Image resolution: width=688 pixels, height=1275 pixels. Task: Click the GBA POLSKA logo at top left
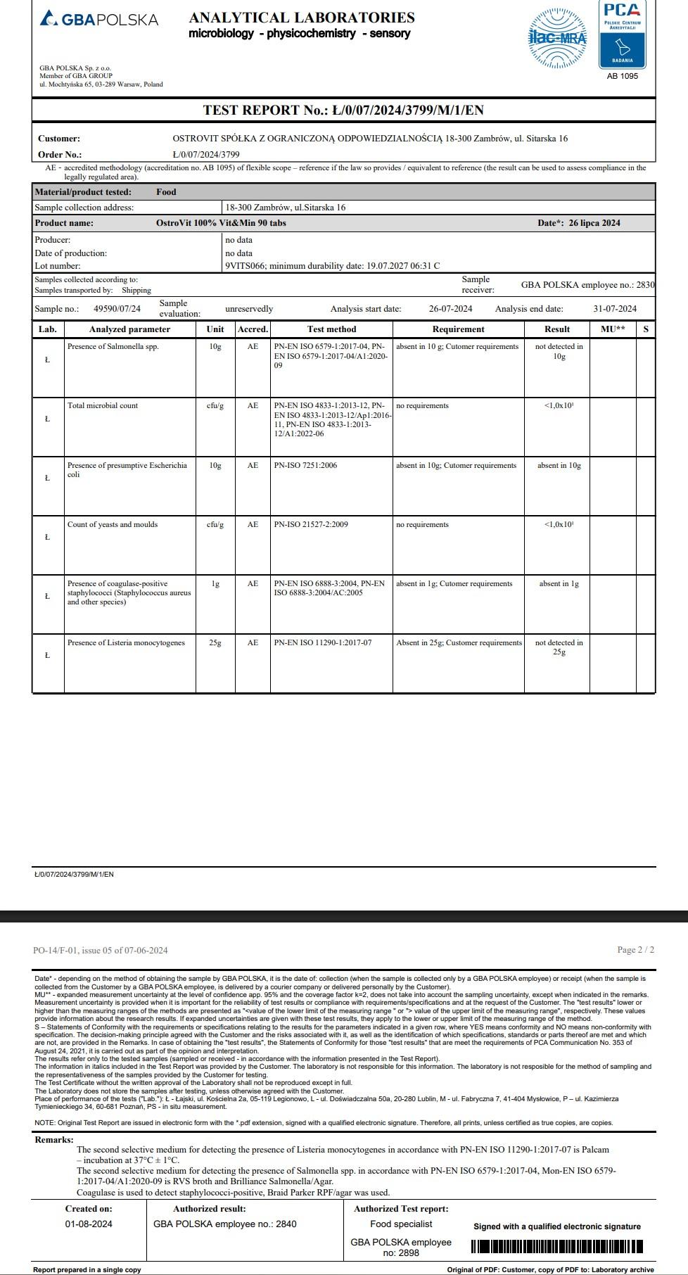[x=99, y=19]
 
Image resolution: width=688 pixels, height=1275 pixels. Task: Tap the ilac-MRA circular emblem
[x=557, y=38]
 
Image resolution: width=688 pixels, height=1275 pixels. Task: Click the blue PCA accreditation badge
[x=623, y=35]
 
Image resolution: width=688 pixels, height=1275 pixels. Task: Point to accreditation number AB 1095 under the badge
[x=623, y=76]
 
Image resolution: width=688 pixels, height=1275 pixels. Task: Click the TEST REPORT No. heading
[x=343, y=110]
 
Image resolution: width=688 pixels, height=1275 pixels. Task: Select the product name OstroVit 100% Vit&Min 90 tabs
[x=221, y=223]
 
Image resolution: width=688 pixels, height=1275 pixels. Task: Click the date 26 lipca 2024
[x=594, y=223]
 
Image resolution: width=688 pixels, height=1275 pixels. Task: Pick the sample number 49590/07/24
[x=117, y=309]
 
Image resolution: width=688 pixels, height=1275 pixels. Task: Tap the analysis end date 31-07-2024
[x=615, y=309]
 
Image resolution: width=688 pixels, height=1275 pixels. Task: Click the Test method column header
[x=331, y=329]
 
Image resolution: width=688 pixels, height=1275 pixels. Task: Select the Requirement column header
[x=458, y=329]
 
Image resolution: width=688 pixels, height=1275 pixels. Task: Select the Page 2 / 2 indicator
[x=635, y=950]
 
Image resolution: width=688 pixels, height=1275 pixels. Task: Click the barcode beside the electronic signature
[x=556, y=1247]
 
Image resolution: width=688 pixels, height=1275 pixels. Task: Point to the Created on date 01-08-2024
[x=89, y=1224]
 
